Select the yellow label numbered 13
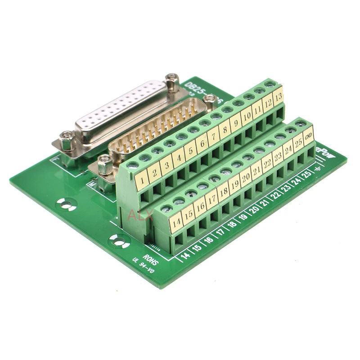(x=279, y=95)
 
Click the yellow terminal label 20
(x=245, y=176)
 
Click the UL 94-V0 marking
(x=143, y=267)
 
